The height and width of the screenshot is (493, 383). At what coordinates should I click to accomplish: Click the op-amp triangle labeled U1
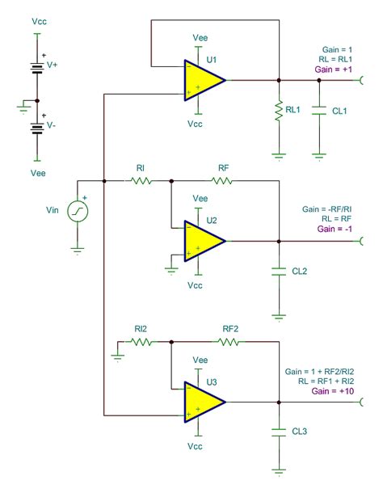tap(202, 80)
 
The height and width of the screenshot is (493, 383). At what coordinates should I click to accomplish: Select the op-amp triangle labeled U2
tap(202, 241)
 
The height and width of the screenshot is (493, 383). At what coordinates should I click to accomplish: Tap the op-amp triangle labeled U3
tap(202, 402)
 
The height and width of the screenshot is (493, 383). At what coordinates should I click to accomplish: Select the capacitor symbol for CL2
tap(279, 268)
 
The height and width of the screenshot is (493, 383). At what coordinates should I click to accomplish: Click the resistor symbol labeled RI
tap(141, 182)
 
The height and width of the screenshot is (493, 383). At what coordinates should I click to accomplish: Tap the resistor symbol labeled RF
tap(221, 182)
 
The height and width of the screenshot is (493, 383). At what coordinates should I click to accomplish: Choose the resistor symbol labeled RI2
tap(141, 342)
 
